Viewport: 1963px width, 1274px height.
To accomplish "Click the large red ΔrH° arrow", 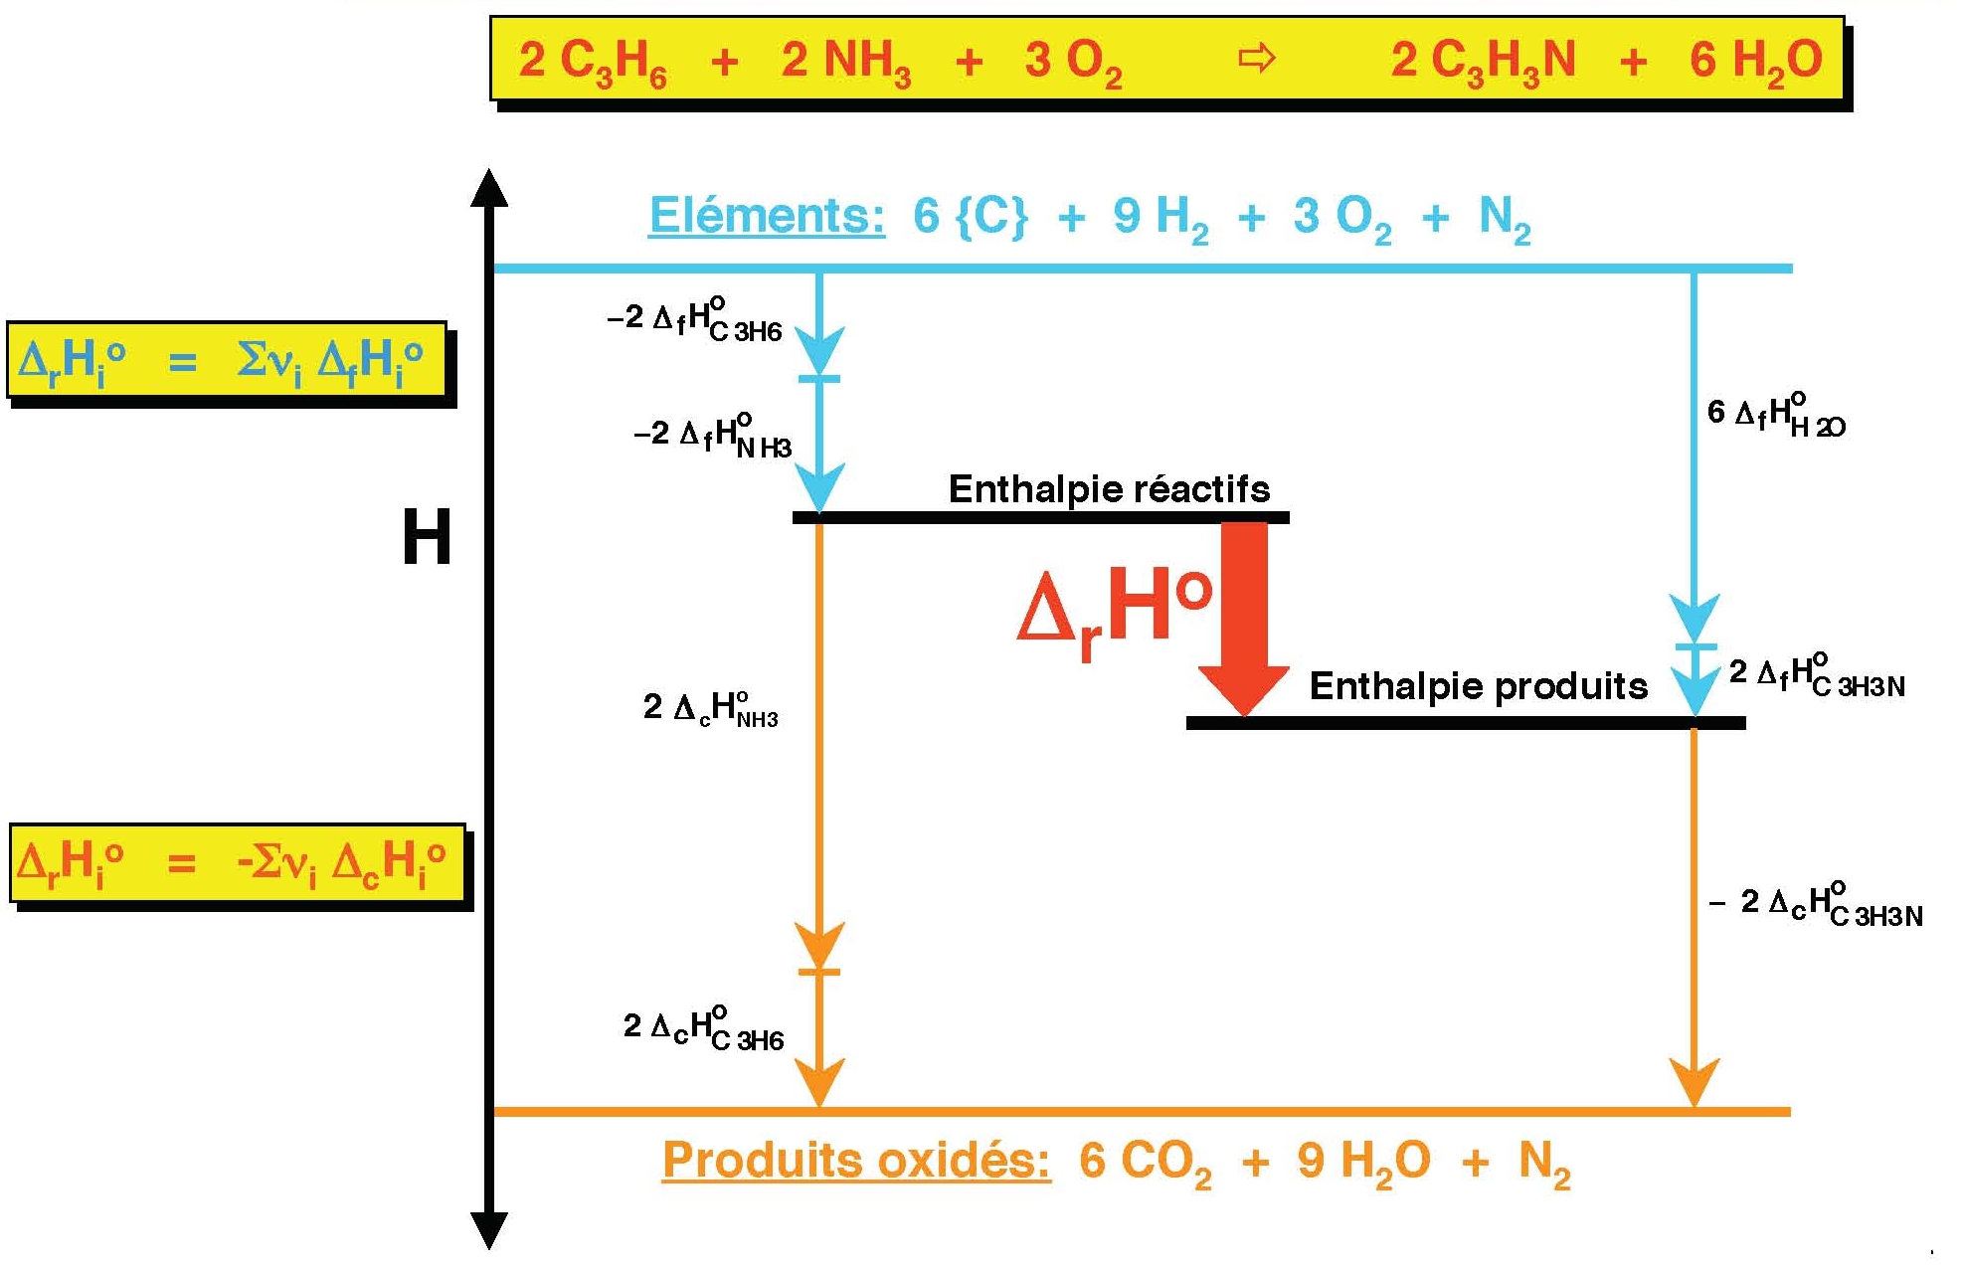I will pyautogui.click(x=1244, y=617).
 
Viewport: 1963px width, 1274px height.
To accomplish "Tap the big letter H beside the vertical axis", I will pyautogui.click(x=427, y=537).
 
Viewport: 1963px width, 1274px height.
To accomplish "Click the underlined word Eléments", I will pyautogui.click(x=766, y=216).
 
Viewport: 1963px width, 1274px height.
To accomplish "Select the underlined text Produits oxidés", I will pyautogui.click(x=855, y=1160).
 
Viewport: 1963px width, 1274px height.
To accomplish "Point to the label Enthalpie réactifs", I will pyautogui.click(x=1109, y=489).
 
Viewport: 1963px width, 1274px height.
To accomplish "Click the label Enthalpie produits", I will pyautogui.click(x=1478, y=686).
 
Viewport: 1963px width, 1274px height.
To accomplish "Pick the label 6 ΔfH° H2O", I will pyautogui.click(x=1775, y=416).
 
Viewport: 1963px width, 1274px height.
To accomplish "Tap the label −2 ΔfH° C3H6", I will pyautogui.click(x=694, y=320).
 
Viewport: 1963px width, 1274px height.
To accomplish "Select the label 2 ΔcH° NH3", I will pyautogui.click(x=710, y=708).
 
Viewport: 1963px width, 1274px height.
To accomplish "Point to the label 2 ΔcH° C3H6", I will pyautogui.click(x=703, y=1028).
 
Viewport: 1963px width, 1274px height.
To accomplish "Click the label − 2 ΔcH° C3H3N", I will pyautogui.click(x=1816, y=905).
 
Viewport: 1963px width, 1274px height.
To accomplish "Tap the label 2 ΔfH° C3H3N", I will pyautogui.click(x=1817, y=675).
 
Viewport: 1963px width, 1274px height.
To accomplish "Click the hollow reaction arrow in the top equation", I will pyautogui.click(x=1256, y=59).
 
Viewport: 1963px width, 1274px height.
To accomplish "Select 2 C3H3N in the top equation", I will pyautogui.click(x=1483, y=61).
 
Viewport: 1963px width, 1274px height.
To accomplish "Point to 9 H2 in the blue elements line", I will pyautogui.click(x=1160, y=218).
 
